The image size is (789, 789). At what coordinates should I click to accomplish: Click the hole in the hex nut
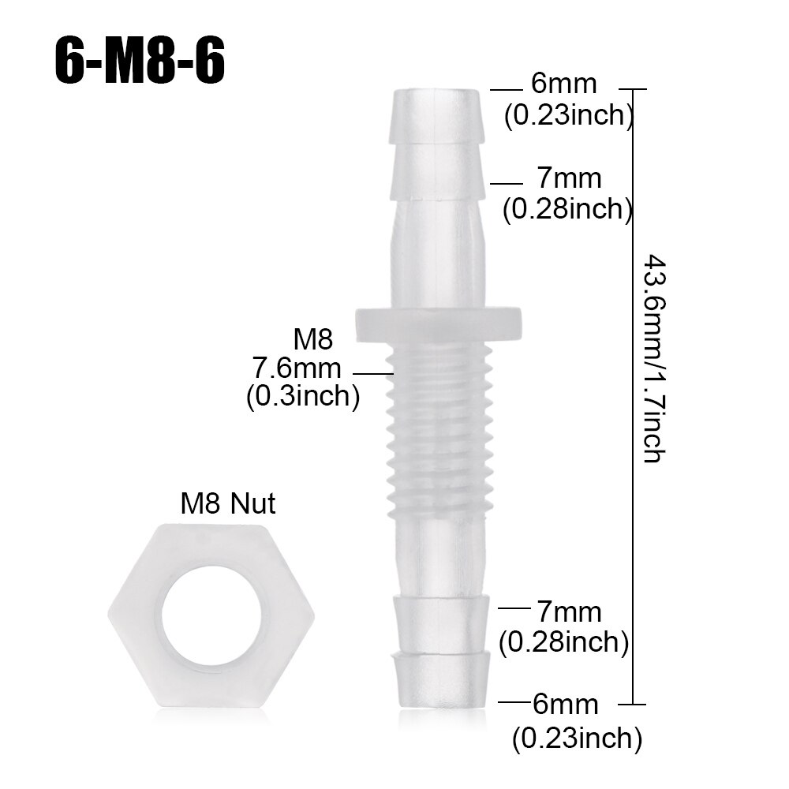point(206,612)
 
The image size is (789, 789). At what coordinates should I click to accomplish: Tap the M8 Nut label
point(228,503)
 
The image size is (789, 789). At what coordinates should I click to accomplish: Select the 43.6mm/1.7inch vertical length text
point(654,357)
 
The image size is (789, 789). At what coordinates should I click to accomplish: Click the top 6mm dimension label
point(563,84)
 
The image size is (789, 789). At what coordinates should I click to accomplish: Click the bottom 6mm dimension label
point(565,704)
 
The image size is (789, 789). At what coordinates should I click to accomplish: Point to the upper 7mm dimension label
point(567,179)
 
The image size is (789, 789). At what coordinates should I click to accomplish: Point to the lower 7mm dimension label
point(568,611)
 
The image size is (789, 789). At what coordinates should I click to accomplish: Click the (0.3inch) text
point(302,396)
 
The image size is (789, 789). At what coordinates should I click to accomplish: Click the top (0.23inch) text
point(569,115)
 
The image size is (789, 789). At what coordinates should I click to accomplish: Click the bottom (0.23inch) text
point(576,739)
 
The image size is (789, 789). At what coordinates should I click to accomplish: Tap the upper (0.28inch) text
point(567,209)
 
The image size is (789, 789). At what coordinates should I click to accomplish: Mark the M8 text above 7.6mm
point(313,340)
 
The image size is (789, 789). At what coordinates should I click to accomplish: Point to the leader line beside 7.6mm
point(372,372)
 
